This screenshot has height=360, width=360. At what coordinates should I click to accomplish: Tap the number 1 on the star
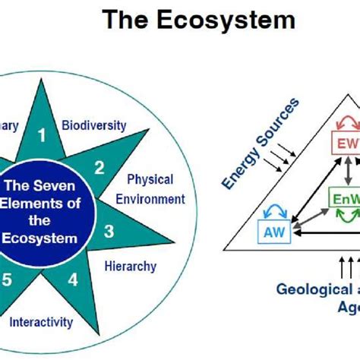(x=43, y=136)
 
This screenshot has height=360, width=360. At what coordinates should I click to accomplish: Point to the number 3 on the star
(x=109, y=230)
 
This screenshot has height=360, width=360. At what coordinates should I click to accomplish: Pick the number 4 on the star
(x=73, y=279)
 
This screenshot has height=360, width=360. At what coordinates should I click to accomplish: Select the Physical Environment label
(x=155, y=190)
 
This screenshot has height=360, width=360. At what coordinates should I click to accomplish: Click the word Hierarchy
(x=130, y=266)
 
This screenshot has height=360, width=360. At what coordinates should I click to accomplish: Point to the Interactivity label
(x=42, y=322)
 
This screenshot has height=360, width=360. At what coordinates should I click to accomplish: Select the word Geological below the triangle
(x=308, y=289)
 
